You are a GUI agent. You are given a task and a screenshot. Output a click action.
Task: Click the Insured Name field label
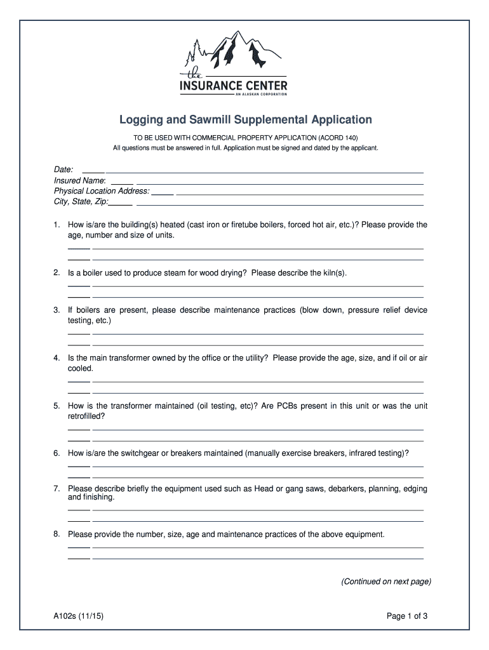click(79, 180)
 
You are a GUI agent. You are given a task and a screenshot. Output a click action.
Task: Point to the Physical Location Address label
click(102, 191)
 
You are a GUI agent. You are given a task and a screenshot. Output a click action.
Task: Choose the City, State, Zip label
click(81, 202)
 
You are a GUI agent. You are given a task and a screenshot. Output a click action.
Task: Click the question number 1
click(57, 225)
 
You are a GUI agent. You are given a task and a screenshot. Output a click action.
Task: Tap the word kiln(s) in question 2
click(334, 273)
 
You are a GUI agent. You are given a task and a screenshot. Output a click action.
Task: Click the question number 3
click(57, 310)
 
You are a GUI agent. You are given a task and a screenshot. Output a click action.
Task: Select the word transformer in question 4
click(134, 358)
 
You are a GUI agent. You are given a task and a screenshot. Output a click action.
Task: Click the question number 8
click(57, 534)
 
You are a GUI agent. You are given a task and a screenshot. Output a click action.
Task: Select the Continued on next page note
click(386, 581)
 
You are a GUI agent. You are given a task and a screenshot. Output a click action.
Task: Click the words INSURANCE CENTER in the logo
click(234, 85)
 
